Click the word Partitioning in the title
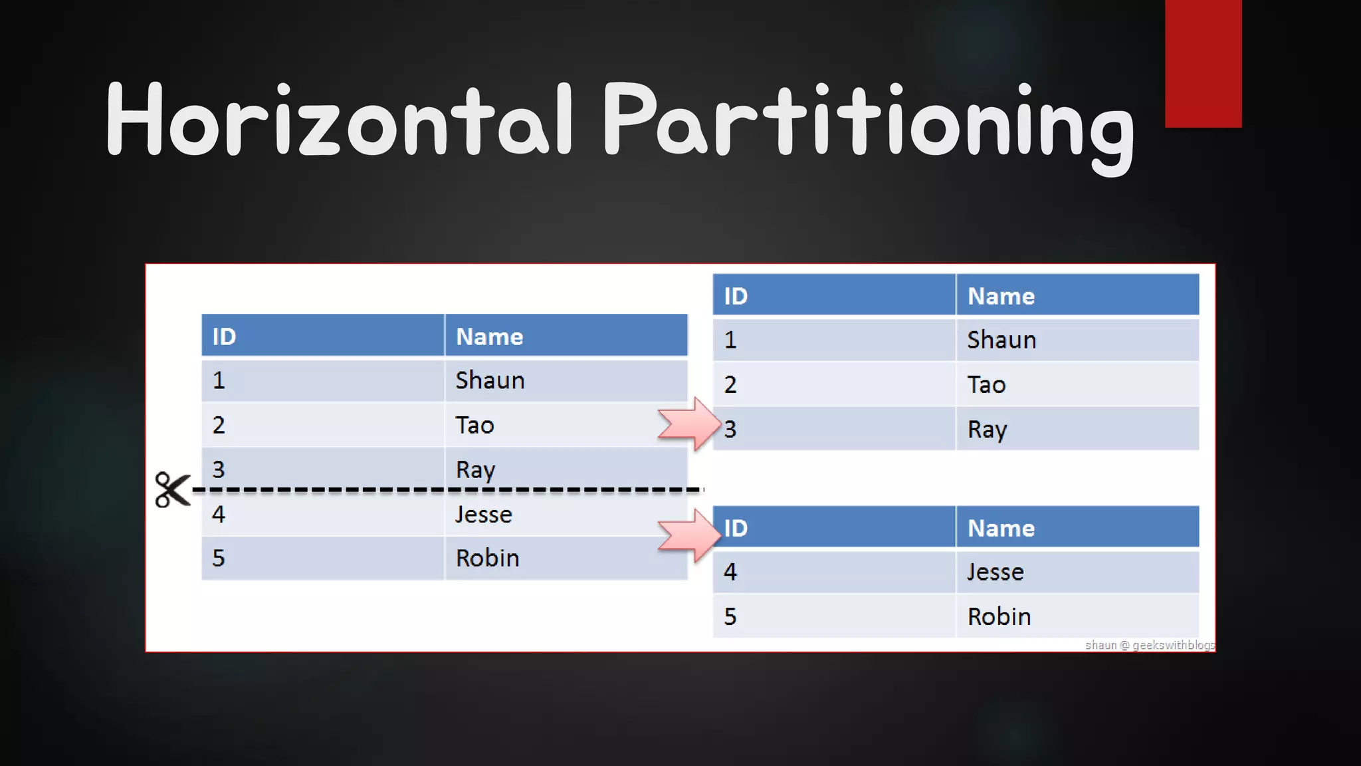click(867, 123)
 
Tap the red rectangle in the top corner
click(1203, 63)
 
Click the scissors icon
click(171, 490)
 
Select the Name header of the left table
click(490, 336)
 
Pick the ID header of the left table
click(225, 336)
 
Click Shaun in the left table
click(490, 380)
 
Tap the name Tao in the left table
click(474, 425)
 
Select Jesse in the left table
click(483, 515)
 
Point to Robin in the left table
click(487, 558)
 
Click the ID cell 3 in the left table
click(219, 469)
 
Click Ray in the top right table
click(987, 430)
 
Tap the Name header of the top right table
click(1001, 296)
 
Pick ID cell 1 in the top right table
click(730, 340)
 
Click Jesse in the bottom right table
click(995, 572)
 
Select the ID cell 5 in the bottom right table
click(730, 616)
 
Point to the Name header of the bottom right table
click(1001, 528)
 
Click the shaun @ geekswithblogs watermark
click(1150, 645)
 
